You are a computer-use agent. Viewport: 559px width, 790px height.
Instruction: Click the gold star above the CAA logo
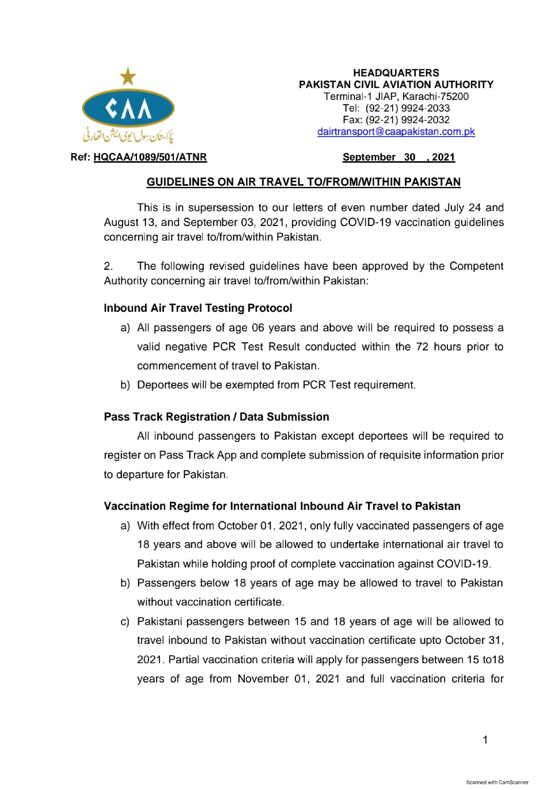pos(128,76)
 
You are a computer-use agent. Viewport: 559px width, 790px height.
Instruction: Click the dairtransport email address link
pos(396,132)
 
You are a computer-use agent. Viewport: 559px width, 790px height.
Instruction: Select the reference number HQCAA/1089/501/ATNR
pos(150,157)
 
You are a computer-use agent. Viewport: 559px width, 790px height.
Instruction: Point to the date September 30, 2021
pos(399,157)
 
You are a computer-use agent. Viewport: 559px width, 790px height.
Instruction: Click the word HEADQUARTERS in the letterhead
pos(396,73)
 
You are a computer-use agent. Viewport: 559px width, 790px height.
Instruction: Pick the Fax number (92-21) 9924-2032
pos(407,120)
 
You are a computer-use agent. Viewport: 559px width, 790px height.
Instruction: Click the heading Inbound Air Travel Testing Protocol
pos(198,308)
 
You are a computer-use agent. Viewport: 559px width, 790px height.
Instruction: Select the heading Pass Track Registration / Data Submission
pos(216,417)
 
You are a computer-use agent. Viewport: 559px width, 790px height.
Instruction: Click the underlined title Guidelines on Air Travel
pos(303,182)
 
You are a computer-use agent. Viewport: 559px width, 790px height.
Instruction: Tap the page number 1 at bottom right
pos(485,740)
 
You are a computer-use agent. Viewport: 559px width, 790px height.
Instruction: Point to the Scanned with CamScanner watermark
pos(497,782)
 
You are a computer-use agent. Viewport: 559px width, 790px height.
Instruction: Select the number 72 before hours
pos(422,347)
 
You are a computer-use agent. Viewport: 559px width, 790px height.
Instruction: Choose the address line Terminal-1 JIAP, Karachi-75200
pos(396,96)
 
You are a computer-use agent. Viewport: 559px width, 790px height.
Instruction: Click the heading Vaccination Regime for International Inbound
pos(282,506)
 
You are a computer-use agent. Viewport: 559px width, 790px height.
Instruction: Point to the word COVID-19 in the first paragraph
pos(365,223)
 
